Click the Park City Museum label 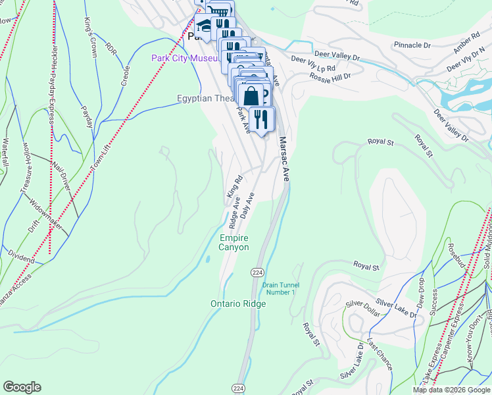click(x=184, y=58)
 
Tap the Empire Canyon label click(x=234, y=242)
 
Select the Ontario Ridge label click(x=237, y=303)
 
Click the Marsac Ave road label click(x=284, y=159)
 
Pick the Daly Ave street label click(x=247, y=206)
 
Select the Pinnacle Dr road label click(x=412, y=45)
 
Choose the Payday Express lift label click(x=51, y=92)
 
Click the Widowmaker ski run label click(x=47, y=217)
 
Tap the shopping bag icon click(x=251, y=95)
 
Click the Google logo click(x=22, y=387)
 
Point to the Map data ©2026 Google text click(x=451, y=390)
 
